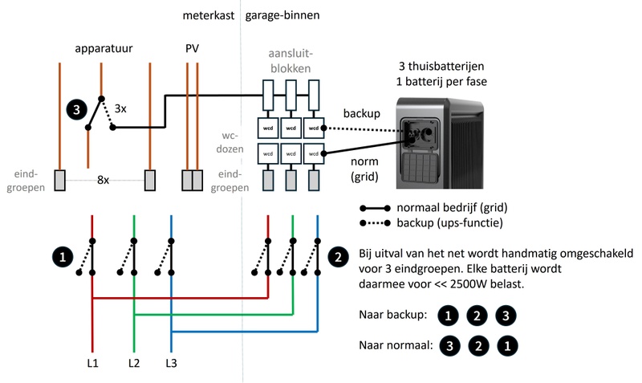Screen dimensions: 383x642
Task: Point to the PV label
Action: click(193, 49)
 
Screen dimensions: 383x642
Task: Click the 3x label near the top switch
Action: click(120, 108)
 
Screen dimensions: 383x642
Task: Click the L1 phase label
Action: click(92, 364)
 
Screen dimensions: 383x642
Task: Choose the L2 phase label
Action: click(134, 364)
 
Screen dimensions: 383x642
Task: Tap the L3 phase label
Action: click(172, 364)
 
